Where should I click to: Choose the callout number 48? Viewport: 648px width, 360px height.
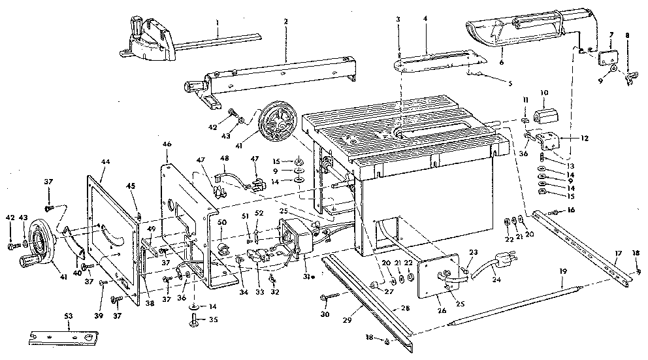[225, 158]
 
